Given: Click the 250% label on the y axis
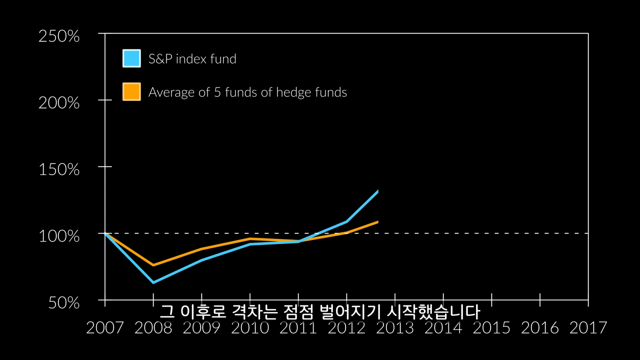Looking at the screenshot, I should (x=59, y=36).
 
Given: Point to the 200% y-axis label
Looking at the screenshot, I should (x=59, y=103).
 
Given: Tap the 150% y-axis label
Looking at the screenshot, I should (x=59, y=169).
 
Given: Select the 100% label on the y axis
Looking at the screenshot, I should (x=59, y=236).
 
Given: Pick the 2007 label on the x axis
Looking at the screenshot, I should (x=104, y=328).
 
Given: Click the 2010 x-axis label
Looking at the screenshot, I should (x=250, y=328).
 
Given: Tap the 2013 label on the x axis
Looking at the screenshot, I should (x=395, y=328).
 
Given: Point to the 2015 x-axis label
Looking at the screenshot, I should (x=491, y=328).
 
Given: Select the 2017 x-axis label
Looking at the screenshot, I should (x=588, y=328).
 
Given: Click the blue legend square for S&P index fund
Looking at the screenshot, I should (x=131, y=58).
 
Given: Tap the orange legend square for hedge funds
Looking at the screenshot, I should (x=131, y=91).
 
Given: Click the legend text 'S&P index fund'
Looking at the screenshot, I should (x=192, y=59).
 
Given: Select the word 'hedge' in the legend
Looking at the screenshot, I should (x=293, y=92).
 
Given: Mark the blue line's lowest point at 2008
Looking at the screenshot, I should (x=153, y=282).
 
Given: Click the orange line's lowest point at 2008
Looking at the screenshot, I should (x=153, y=265).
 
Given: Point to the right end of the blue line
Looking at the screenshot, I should (x=377, y=191).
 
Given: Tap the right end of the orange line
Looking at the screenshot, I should (x=377, y=221).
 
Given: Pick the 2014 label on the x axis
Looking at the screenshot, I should (x=443, y=328).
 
